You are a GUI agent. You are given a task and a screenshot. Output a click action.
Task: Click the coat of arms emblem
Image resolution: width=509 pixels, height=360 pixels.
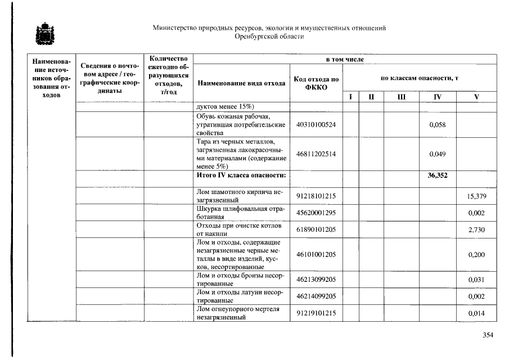coord(42,33)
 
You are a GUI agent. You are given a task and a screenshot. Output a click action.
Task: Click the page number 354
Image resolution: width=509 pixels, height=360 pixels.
coord(488,335)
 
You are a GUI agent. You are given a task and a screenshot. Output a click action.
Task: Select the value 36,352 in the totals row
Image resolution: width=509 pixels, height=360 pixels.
coord(437,175)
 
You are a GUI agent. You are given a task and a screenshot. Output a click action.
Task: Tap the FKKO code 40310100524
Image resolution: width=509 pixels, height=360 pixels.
coord(316,124)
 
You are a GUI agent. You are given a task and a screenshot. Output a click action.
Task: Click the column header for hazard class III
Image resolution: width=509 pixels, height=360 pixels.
coord(402,97)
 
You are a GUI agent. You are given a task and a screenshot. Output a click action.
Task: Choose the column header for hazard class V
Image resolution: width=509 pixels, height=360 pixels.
coord(476,97)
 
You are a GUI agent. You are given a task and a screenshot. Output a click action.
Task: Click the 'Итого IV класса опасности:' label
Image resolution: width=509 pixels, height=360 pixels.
coord(241,175)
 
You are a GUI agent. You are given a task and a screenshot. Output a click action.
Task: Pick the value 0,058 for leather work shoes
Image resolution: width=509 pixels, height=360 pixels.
coord(437,124)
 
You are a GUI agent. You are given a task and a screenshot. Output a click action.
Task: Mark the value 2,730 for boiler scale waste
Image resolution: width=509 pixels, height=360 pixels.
coord(476,229)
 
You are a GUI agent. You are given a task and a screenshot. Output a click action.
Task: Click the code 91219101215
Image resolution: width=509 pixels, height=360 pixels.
coord(316,313)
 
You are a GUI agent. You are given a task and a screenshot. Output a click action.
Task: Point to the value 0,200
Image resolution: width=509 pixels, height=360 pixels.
coord(476,255)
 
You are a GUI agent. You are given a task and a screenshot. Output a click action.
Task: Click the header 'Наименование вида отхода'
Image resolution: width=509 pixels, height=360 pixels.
coord(241,83)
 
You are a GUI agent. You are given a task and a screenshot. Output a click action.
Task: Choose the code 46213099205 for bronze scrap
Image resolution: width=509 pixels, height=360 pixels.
coord(316,280)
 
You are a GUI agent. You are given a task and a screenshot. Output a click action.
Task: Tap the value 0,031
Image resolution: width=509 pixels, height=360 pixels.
coord(476,280)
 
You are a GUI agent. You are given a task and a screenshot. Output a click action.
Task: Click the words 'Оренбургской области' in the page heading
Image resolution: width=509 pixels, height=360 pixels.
coord(269,37)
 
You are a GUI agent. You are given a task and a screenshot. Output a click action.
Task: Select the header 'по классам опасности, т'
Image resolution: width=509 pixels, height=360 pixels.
coord(420,78)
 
